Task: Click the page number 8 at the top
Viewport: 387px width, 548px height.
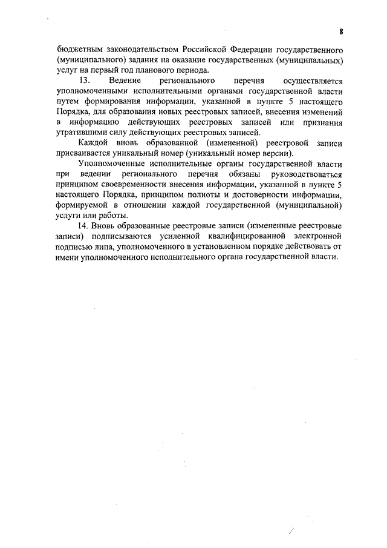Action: pos(341,31)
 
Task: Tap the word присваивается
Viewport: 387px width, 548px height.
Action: pos(88,153)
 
